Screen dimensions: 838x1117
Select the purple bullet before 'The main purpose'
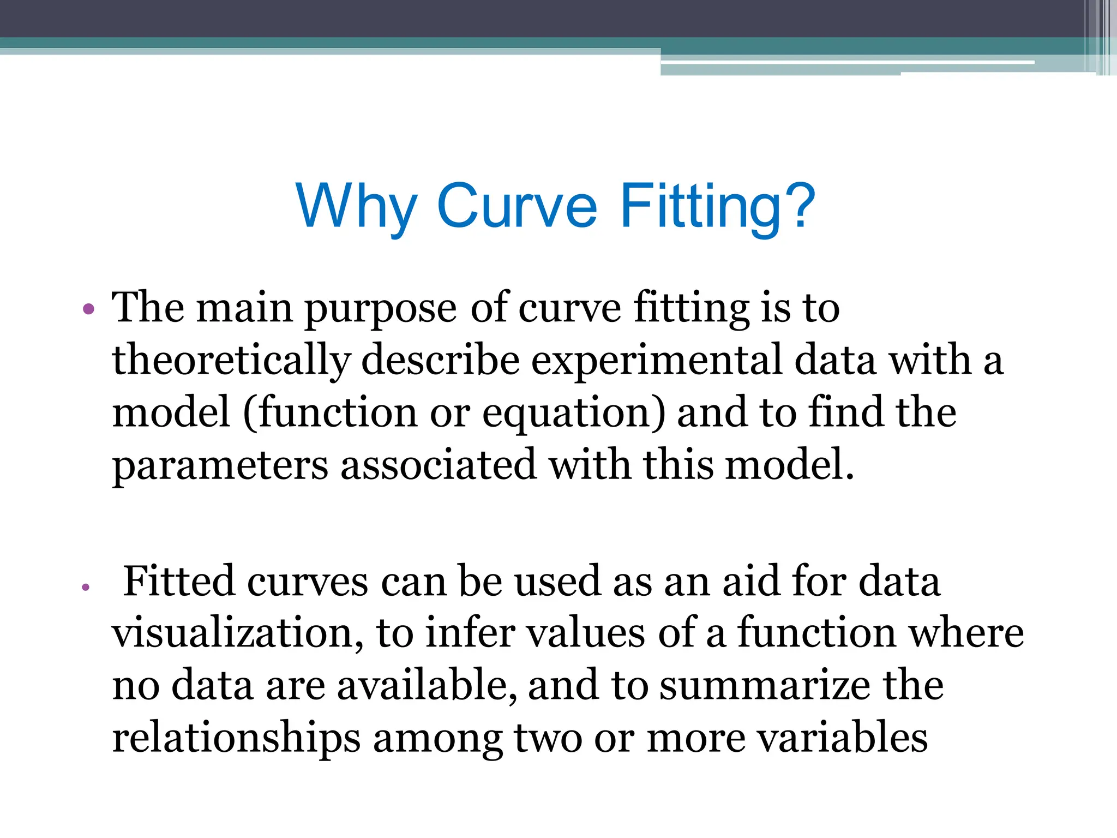[88, 310]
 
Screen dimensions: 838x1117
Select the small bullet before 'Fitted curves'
[85, 588]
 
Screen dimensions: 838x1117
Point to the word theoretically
[230, 361]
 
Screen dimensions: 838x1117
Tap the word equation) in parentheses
[574, 413]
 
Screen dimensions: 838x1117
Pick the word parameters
[220, 465]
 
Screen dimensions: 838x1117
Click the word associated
[438, 465]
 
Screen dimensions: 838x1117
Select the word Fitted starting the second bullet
[178, 582]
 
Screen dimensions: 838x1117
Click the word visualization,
[237, 633]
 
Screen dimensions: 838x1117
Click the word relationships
[236, 738]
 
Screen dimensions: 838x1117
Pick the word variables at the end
[843, 738]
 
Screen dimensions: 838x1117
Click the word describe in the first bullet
[440, 361]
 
